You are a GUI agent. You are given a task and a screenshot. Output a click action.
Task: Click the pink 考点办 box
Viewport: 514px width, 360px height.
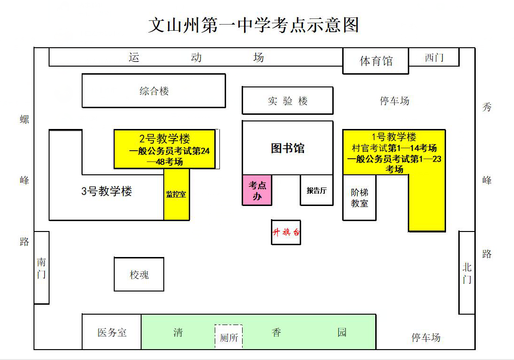tap(257, 190)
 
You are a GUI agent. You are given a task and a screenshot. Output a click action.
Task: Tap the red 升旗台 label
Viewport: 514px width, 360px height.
tap(286, 232)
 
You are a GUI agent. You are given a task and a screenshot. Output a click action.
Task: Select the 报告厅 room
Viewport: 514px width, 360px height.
tap(317, 190)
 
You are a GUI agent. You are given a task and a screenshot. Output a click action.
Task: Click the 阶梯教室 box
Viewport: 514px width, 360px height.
tap(359, 198)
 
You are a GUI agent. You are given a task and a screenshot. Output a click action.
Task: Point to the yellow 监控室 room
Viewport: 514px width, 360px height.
tap(177, 194)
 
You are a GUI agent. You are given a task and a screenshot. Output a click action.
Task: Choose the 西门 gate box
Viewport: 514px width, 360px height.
tap(434, 58)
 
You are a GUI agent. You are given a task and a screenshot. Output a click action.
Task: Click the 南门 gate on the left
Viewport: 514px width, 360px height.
tap(42, 268)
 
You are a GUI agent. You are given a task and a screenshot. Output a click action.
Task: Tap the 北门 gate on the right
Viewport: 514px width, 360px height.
tap(467, 273)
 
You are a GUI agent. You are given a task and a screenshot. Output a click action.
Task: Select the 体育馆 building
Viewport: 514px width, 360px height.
tap(376, 61)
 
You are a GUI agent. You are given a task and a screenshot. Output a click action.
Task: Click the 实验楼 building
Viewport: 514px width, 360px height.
tap(287, 101)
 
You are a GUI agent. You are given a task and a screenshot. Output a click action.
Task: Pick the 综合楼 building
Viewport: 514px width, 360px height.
tap(154, 91)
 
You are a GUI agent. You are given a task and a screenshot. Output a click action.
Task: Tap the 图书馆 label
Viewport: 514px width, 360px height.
tap(287, 148)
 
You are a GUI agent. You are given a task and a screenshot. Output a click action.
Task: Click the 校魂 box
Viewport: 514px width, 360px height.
tap(139, 274)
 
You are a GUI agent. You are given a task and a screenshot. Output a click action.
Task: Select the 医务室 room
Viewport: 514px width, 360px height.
tap(112, 332)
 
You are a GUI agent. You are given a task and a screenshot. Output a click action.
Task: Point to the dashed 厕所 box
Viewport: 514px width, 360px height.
tap(229, 337)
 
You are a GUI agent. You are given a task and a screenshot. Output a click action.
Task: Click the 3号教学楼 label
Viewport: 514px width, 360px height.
tap(107, 191)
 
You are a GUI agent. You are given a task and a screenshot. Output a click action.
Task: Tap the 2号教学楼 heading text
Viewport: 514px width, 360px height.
tap(164, 139)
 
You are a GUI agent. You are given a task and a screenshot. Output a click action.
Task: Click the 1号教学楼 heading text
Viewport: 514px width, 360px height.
tap(394, 137)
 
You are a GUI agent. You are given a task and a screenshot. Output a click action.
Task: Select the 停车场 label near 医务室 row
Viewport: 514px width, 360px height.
tap(426, 337)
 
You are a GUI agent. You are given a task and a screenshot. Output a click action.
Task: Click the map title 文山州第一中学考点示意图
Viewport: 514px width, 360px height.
tap(253, 25)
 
